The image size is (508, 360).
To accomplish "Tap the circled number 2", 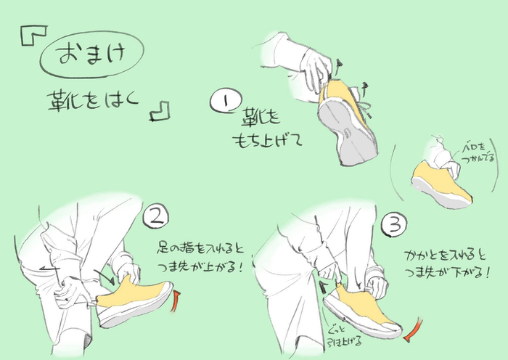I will pyautogui.click(x=156, y=216).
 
